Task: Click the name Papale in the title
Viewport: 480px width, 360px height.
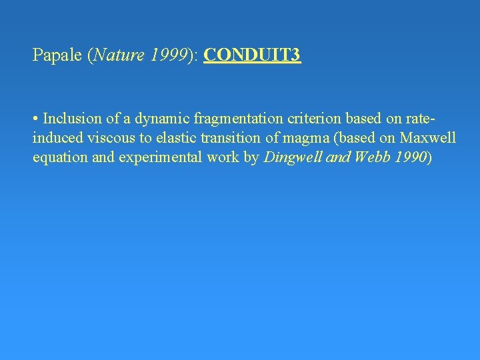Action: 57,55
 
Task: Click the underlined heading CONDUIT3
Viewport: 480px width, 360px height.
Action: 253,55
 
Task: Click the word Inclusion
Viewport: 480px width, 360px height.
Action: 71,119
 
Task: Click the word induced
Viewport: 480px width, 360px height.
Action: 55,139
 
